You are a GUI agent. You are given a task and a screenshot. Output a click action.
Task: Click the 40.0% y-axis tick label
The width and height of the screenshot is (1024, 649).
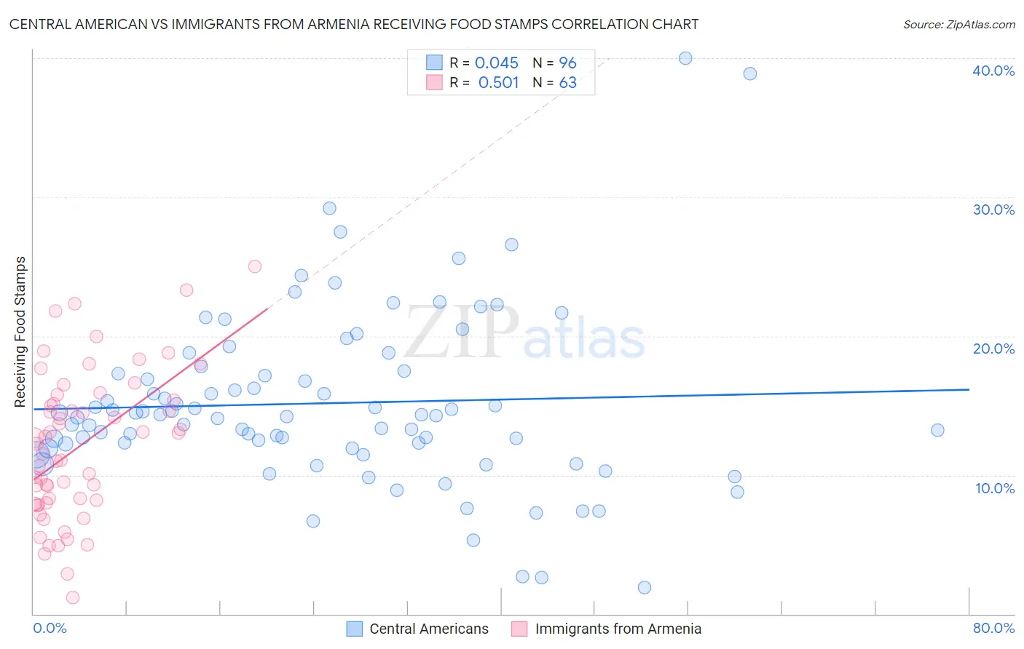point(993,71)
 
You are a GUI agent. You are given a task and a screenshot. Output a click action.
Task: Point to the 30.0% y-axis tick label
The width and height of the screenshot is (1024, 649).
point(993,210)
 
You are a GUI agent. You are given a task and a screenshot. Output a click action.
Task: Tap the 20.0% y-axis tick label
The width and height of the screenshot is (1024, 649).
point(993,349)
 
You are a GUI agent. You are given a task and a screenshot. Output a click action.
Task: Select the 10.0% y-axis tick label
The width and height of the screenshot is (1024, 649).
point(994,488)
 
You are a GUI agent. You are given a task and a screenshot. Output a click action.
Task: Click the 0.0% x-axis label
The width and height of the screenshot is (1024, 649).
point(50,628)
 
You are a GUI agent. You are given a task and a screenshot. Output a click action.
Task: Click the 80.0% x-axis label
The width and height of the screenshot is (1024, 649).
point(993,628)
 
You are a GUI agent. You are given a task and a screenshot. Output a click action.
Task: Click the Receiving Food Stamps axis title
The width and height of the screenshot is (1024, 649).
point(20,332)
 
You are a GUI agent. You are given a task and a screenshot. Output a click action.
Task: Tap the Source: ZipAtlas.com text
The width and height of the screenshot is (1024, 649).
point(958,24)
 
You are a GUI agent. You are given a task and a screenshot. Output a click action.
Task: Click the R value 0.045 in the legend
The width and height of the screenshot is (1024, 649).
point(496,63)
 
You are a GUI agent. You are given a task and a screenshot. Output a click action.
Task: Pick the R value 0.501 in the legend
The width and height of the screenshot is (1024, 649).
point(498,82)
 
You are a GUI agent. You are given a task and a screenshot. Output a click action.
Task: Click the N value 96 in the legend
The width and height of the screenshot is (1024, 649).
point(567,63)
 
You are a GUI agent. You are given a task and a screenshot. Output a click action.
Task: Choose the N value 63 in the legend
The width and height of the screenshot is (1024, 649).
point(567,82)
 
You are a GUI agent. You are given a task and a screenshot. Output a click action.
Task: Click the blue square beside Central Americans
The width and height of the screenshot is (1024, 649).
point(355,629)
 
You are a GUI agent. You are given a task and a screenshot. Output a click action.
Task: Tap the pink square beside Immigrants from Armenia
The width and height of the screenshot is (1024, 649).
point(519,629)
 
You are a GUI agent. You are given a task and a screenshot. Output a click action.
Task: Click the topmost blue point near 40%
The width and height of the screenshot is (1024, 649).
point(685,58)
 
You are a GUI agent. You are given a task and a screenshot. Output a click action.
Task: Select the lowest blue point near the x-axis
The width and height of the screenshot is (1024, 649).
point(644,587)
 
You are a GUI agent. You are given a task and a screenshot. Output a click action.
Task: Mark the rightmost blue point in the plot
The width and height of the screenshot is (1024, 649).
point(937,430)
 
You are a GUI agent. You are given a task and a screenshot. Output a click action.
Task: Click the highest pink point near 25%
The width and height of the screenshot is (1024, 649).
point(255,266)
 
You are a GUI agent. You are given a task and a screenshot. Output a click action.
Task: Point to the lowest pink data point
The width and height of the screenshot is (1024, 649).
point(73,597)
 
